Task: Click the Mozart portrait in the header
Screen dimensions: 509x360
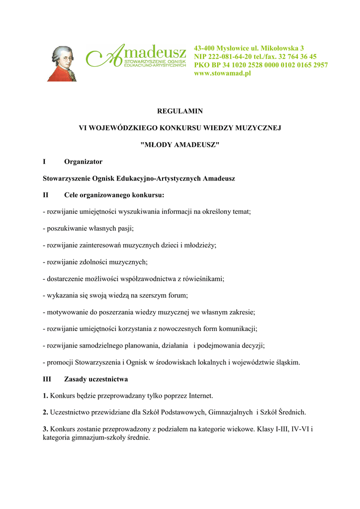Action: [x=62, y=63]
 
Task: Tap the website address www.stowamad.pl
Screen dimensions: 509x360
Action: [x=222, y=73]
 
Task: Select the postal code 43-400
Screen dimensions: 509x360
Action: [x=205, y=48]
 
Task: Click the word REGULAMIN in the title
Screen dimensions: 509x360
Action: [x=180, y=111]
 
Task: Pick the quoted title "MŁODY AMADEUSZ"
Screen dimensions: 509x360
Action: [x=180, y=144]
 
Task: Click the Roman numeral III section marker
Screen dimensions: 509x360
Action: [x=47, y=379]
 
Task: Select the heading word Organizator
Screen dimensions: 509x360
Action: [x=83, y=162]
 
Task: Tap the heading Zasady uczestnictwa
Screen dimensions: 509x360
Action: [x=96, y=379]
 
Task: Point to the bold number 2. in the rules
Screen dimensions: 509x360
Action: [x=46, y=412]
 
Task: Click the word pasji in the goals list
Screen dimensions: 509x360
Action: [x=125, y=229]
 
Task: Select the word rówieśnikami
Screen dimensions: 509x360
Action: [x=204, y=279]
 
